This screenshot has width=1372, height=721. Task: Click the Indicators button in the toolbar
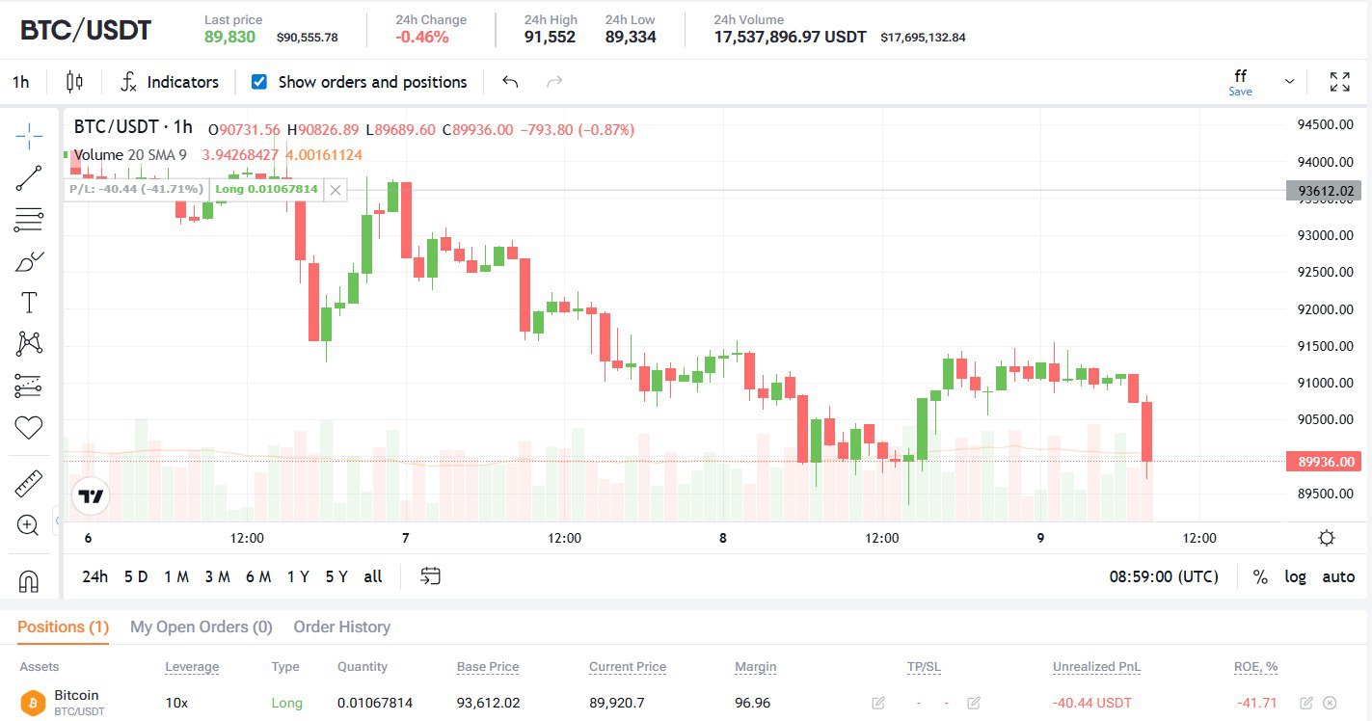click(x=170, y=82)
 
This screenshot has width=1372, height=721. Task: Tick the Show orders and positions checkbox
click(x=258, y=82)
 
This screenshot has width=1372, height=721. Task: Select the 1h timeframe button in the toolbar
click(x=20, y=82)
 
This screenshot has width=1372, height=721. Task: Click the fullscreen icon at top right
click(x=1339, y=82)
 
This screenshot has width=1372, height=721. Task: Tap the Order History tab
click(x=341, y=627)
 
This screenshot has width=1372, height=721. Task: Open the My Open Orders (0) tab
click(x=201, y=627)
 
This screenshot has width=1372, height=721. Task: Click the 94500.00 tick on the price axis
click(x=1326, y=124)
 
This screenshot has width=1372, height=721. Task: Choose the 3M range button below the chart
click(x=217, y=576)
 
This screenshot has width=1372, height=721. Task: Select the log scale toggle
click(x=1295, y=576)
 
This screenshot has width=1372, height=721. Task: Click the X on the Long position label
click(x=335, y=189)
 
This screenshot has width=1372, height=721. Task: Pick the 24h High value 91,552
click(x=550, y=37)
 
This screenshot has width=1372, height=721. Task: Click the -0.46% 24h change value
click(x=422, y=37)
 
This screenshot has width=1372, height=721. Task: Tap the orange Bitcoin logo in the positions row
click(x=34, y=702)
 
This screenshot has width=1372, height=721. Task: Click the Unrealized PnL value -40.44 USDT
click(x=1091, y=703)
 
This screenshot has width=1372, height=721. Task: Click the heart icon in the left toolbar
click(x=29, y=427)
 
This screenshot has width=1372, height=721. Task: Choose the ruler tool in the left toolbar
click(x=29, y=483)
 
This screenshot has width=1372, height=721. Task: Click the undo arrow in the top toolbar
click(x=510, y=82)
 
